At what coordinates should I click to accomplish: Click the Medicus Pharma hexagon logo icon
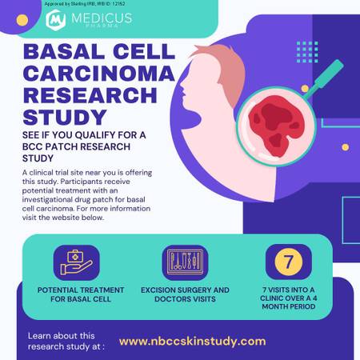click(55, 20)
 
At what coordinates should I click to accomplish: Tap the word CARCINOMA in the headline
click(98, 74)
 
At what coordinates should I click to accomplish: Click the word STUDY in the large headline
click(65, 117)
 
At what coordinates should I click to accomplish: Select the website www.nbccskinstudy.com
click(192, 342)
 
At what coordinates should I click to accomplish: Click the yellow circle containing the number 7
click(289, 262)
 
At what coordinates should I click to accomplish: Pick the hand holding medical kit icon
click(77, 262)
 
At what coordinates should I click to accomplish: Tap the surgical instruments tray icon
click(185, 262)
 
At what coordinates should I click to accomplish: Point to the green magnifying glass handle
click(323, 79)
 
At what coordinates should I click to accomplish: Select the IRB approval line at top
click(85, 4)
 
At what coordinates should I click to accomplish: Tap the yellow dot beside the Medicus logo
click(22, 20)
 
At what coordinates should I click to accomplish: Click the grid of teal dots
click(307, 52)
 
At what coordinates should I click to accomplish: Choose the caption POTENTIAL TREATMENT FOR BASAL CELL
click(81, 294)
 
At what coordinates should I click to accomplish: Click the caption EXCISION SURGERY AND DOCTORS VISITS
click(185, 294)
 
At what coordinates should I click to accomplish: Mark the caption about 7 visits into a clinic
click(289, 298)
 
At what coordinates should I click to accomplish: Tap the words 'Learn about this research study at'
click(66, 341)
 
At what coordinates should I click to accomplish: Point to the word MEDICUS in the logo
click(102, 18)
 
